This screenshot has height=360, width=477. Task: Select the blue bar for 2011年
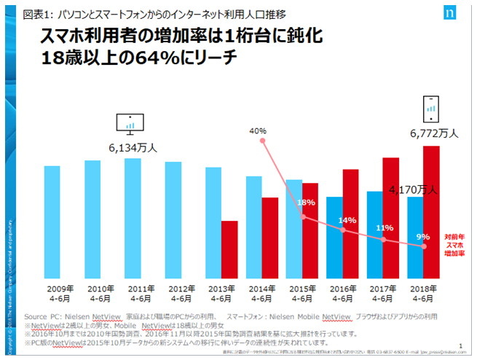coord(133,218)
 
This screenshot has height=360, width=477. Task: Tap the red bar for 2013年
coord(230,249)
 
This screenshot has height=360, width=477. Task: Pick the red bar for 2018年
coord(431,211)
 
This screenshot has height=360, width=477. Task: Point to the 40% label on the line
coord(258,131)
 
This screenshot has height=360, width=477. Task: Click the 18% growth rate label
coord(306,203)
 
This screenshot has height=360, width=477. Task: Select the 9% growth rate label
coord(423,236)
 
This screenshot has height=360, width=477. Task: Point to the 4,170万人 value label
coord(412,190)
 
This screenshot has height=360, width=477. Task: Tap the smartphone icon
coord(431,109)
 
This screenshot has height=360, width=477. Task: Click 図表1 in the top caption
coord(39,14)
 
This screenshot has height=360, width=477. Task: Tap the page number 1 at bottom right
coord(462,348)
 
